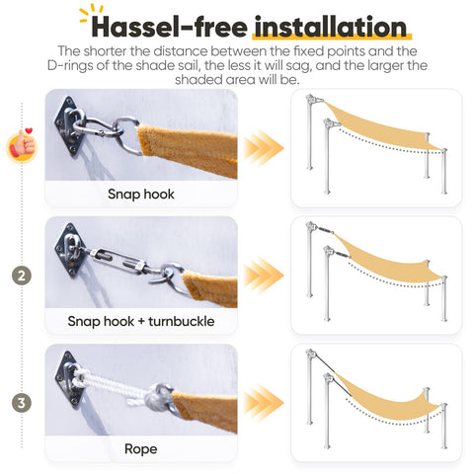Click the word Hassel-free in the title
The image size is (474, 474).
(x=169, y=27)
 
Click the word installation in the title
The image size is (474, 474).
(x=331, y=27)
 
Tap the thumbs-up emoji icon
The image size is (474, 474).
(x=23, y=146)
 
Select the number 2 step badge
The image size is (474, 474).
(x=22, y=276)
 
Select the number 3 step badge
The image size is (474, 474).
(x=22, y=403)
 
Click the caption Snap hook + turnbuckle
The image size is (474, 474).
(x=141, y=321)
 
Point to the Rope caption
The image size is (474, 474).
(x=141, y=449)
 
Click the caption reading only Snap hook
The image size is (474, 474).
(x=141, y=194)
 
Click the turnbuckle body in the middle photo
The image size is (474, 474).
(x=118, y=259)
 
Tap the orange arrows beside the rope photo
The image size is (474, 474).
(x=264, y=403)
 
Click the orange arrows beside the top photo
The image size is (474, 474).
(x=264, y=148)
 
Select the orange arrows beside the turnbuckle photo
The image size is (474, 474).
(x=264, y=276)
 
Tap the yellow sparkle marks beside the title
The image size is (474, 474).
(x=91, y=13)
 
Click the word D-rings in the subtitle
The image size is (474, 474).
(x=70, y=65)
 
